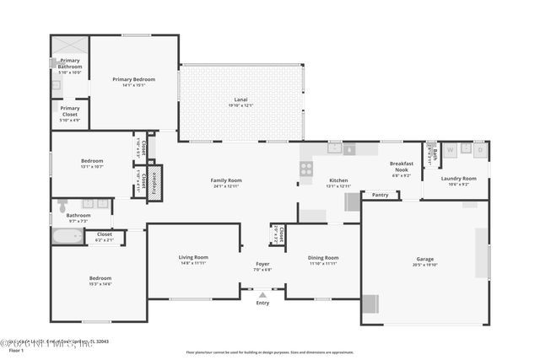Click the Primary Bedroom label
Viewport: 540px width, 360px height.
134,79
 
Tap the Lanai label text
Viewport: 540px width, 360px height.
240,99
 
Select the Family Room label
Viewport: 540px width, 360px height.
226,180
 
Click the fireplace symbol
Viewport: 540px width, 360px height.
154,183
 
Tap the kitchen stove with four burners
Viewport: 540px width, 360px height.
306,168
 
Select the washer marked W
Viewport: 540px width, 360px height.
450,150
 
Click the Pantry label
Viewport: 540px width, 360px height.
380,195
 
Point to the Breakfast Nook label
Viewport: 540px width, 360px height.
401,167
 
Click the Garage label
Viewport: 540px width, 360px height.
424,259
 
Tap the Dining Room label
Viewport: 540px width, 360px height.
323,258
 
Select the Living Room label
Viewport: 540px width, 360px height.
193,257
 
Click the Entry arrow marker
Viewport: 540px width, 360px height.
262,295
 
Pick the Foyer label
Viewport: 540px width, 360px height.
263,264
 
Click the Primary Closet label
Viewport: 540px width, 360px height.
70,109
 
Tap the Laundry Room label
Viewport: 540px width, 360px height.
459,178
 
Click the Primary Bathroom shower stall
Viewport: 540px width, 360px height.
69,46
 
